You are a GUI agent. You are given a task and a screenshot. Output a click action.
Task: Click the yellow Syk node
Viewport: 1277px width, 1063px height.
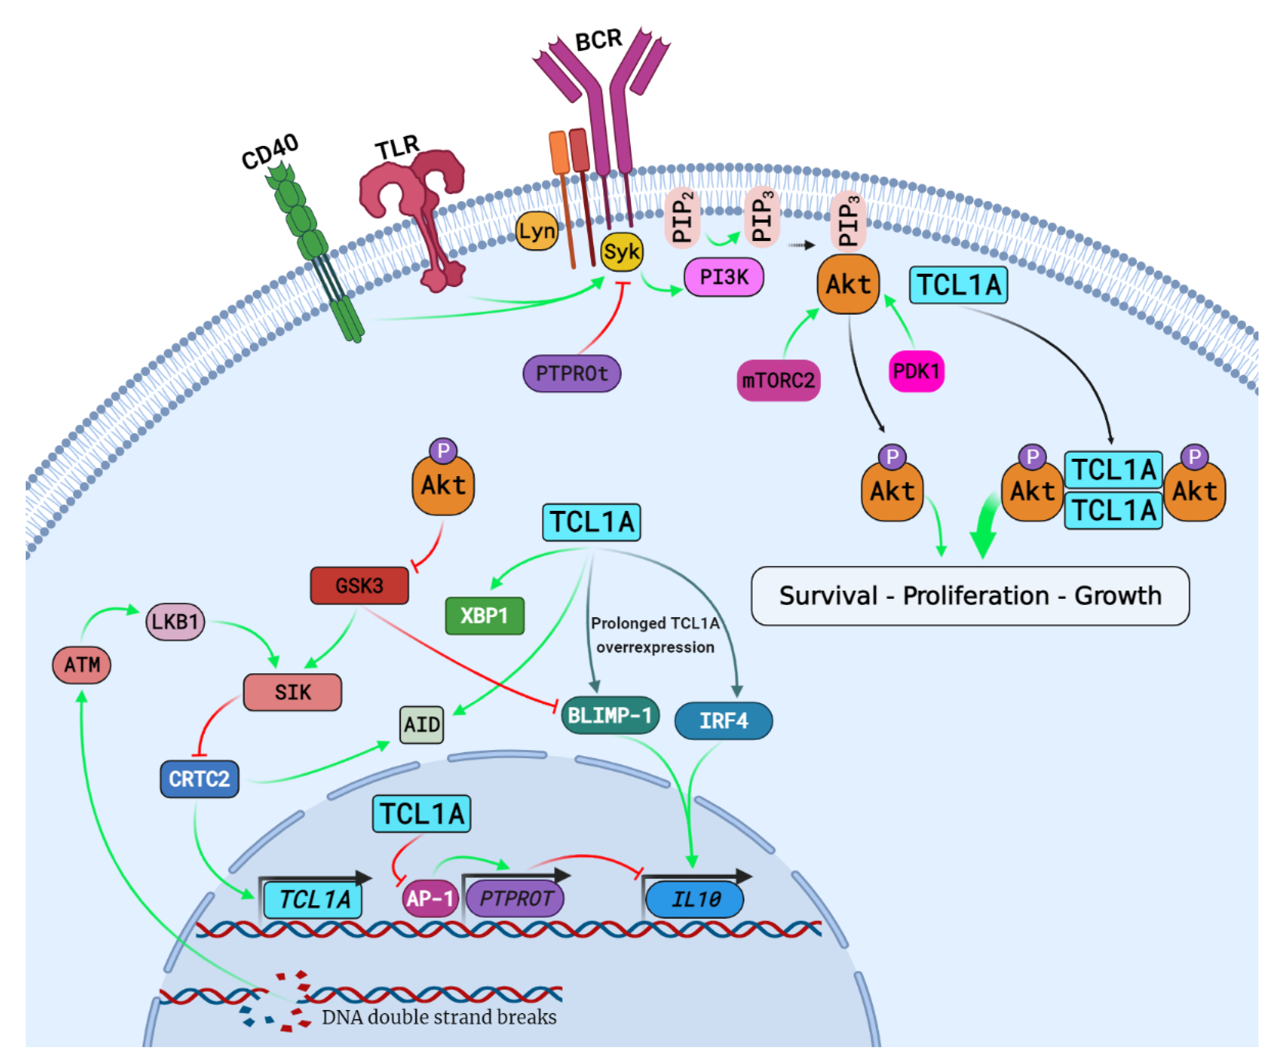click(621, 252)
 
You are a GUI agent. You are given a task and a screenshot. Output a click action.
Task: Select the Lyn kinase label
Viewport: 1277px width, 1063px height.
click(536, 231)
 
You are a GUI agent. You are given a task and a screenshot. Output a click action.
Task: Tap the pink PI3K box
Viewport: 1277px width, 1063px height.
click(723, 277)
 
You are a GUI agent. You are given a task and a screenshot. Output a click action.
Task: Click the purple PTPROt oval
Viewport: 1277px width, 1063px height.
click(572, 373)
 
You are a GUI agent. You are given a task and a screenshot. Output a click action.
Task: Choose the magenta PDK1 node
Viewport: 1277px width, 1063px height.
click(916, 371)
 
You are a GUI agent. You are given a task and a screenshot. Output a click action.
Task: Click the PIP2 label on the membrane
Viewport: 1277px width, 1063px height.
click(682, 218)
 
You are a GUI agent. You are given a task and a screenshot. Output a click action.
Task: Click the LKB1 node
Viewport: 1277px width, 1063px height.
click(175, 622)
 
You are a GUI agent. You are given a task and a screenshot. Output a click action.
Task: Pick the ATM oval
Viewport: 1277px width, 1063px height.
click(82, 665)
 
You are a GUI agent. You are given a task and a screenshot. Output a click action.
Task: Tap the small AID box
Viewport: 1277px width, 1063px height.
click(422, 724)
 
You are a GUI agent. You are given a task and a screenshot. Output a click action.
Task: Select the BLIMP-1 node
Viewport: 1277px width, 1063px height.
click(609, 715)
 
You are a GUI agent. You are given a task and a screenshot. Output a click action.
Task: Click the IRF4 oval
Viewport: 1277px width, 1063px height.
click(723, 721)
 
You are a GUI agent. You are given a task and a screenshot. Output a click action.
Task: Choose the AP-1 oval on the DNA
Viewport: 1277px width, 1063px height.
click(429, 898)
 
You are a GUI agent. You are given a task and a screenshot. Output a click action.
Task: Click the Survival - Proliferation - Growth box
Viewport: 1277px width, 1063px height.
click(970, 596)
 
